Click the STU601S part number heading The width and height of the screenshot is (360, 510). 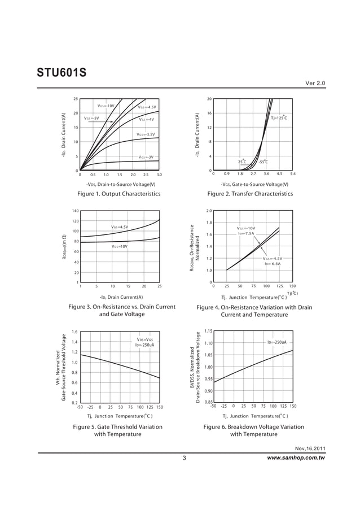61,73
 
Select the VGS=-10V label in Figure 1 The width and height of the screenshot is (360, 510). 106,106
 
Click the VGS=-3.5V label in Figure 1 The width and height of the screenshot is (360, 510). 146,134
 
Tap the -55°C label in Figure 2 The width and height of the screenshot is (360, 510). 263,162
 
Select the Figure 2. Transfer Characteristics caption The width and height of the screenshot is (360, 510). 250,194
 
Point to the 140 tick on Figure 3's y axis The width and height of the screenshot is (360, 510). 75,211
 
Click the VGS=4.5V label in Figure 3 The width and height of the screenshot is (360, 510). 120,227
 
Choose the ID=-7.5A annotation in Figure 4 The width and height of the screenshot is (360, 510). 246,233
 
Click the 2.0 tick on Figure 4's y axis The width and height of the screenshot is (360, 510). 209,211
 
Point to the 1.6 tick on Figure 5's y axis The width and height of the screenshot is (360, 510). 75,332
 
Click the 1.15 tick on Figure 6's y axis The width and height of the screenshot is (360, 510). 208,332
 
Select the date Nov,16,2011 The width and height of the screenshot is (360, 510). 310,448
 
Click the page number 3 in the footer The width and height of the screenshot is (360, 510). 184,457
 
